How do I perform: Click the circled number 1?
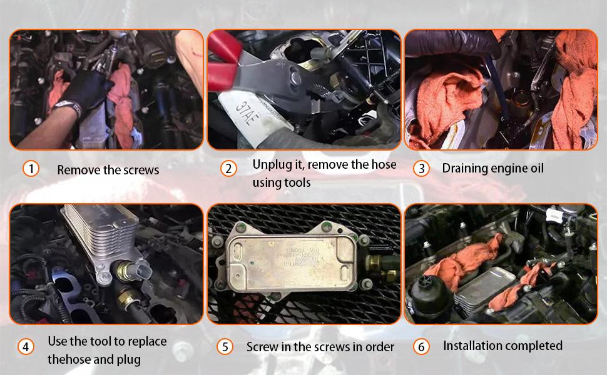point(31,169)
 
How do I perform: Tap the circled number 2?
point(229,169)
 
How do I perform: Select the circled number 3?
point(422,169)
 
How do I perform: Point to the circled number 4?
point(26,347)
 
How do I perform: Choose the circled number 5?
point(225,347)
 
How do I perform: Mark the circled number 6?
point(422,346)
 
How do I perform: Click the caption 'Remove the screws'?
point(108,170)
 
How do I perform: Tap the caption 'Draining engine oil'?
point(492,168)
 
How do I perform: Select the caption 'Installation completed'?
point(502,346)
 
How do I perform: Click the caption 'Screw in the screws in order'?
point(320,347)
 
